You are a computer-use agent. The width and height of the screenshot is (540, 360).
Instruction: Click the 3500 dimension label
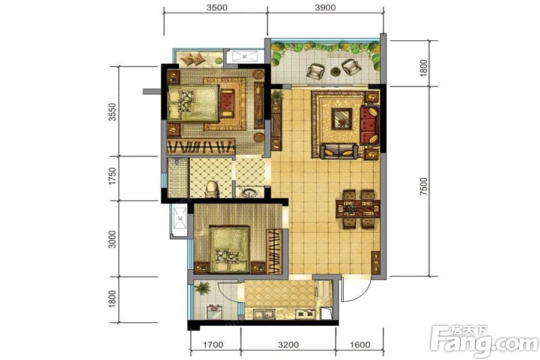coord(217,7)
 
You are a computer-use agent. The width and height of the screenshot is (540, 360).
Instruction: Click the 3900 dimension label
coord(325,7)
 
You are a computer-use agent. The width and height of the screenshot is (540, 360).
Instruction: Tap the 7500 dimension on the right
coord(424,187)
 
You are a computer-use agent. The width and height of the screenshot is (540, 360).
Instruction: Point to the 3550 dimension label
coord(112,112)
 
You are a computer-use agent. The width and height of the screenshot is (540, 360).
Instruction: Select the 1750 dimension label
coord(112,176)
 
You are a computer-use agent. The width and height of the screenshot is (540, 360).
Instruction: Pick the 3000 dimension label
coord(112,239)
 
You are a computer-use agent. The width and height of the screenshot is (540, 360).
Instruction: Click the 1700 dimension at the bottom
coord(213,344)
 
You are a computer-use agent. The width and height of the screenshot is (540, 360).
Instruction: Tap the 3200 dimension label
coord(289,344)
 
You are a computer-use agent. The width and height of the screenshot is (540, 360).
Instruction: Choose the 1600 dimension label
coord(360,344)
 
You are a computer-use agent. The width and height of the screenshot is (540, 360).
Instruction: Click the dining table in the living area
coord(358,209)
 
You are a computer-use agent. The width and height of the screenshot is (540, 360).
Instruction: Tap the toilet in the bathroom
coord(212,190)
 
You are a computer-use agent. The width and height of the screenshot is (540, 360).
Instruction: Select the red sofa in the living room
coord(369,125)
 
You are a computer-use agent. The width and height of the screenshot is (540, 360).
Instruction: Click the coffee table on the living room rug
coord(341,119)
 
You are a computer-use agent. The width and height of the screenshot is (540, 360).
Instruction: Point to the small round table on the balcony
coord(335,71)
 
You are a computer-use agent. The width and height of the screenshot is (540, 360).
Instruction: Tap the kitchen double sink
coord(264,313)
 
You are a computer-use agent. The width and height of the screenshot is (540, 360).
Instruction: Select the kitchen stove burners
coord(306,314)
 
